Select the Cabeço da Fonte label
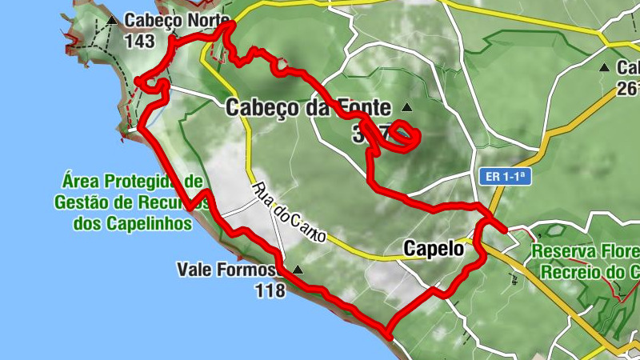click(x=308, y=106)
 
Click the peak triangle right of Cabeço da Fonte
click(x=407, y=107)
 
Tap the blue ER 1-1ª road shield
click(x=506, y=175)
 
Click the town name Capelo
click(x=434, y=249)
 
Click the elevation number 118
click(x=270, y=290)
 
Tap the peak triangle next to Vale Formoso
click(x=298, y=270)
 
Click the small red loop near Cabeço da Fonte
click(x=406, y=136)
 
